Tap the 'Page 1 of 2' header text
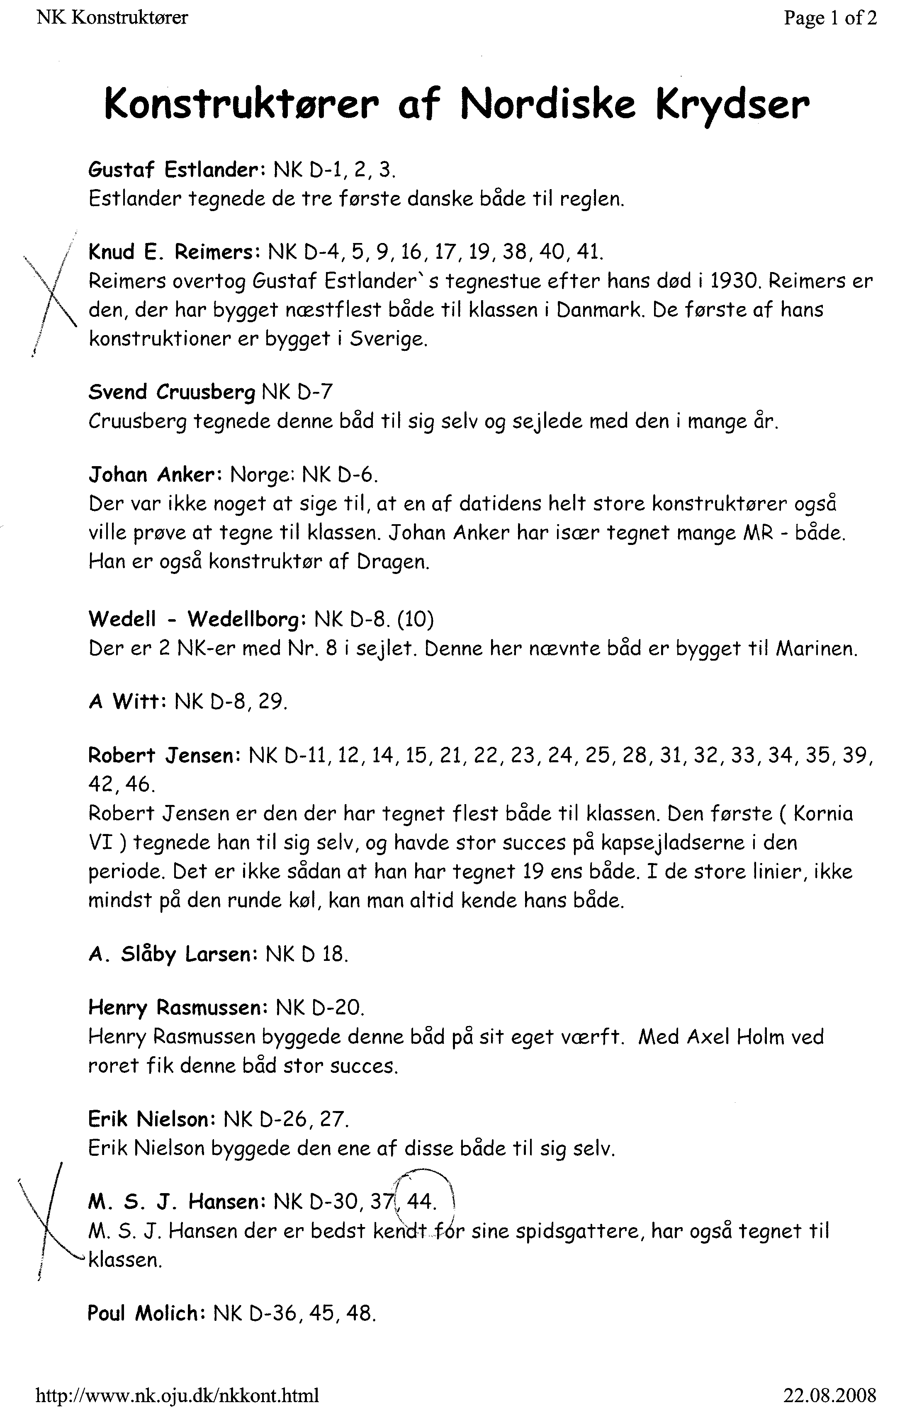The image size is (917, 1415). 829,18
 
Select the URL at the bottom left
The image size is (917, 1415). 177,1394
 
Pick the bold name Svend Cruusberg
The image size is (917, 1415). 172,392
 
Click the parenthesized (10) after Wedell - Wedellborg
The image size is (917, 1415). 414,620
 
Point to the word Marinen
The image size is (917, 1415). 817,648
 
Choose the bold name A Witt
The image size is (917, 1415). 126,702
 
